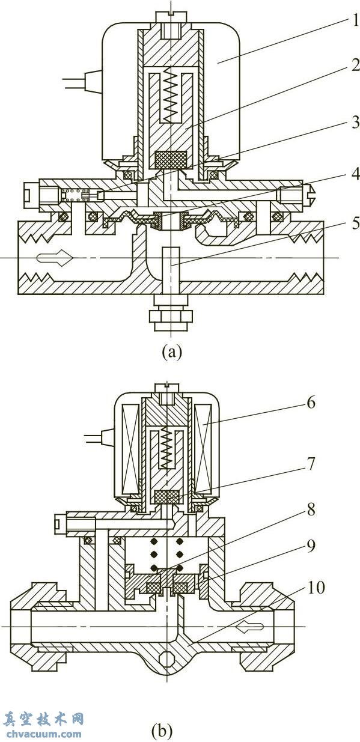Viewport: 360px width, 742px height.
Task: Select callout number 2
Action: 355,65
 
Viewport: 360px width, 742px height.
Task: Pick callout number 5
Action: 355,224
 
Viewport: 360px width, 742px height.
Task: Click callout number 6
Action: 311,403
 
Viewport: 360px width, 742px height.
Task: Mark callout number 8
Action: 311,509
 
